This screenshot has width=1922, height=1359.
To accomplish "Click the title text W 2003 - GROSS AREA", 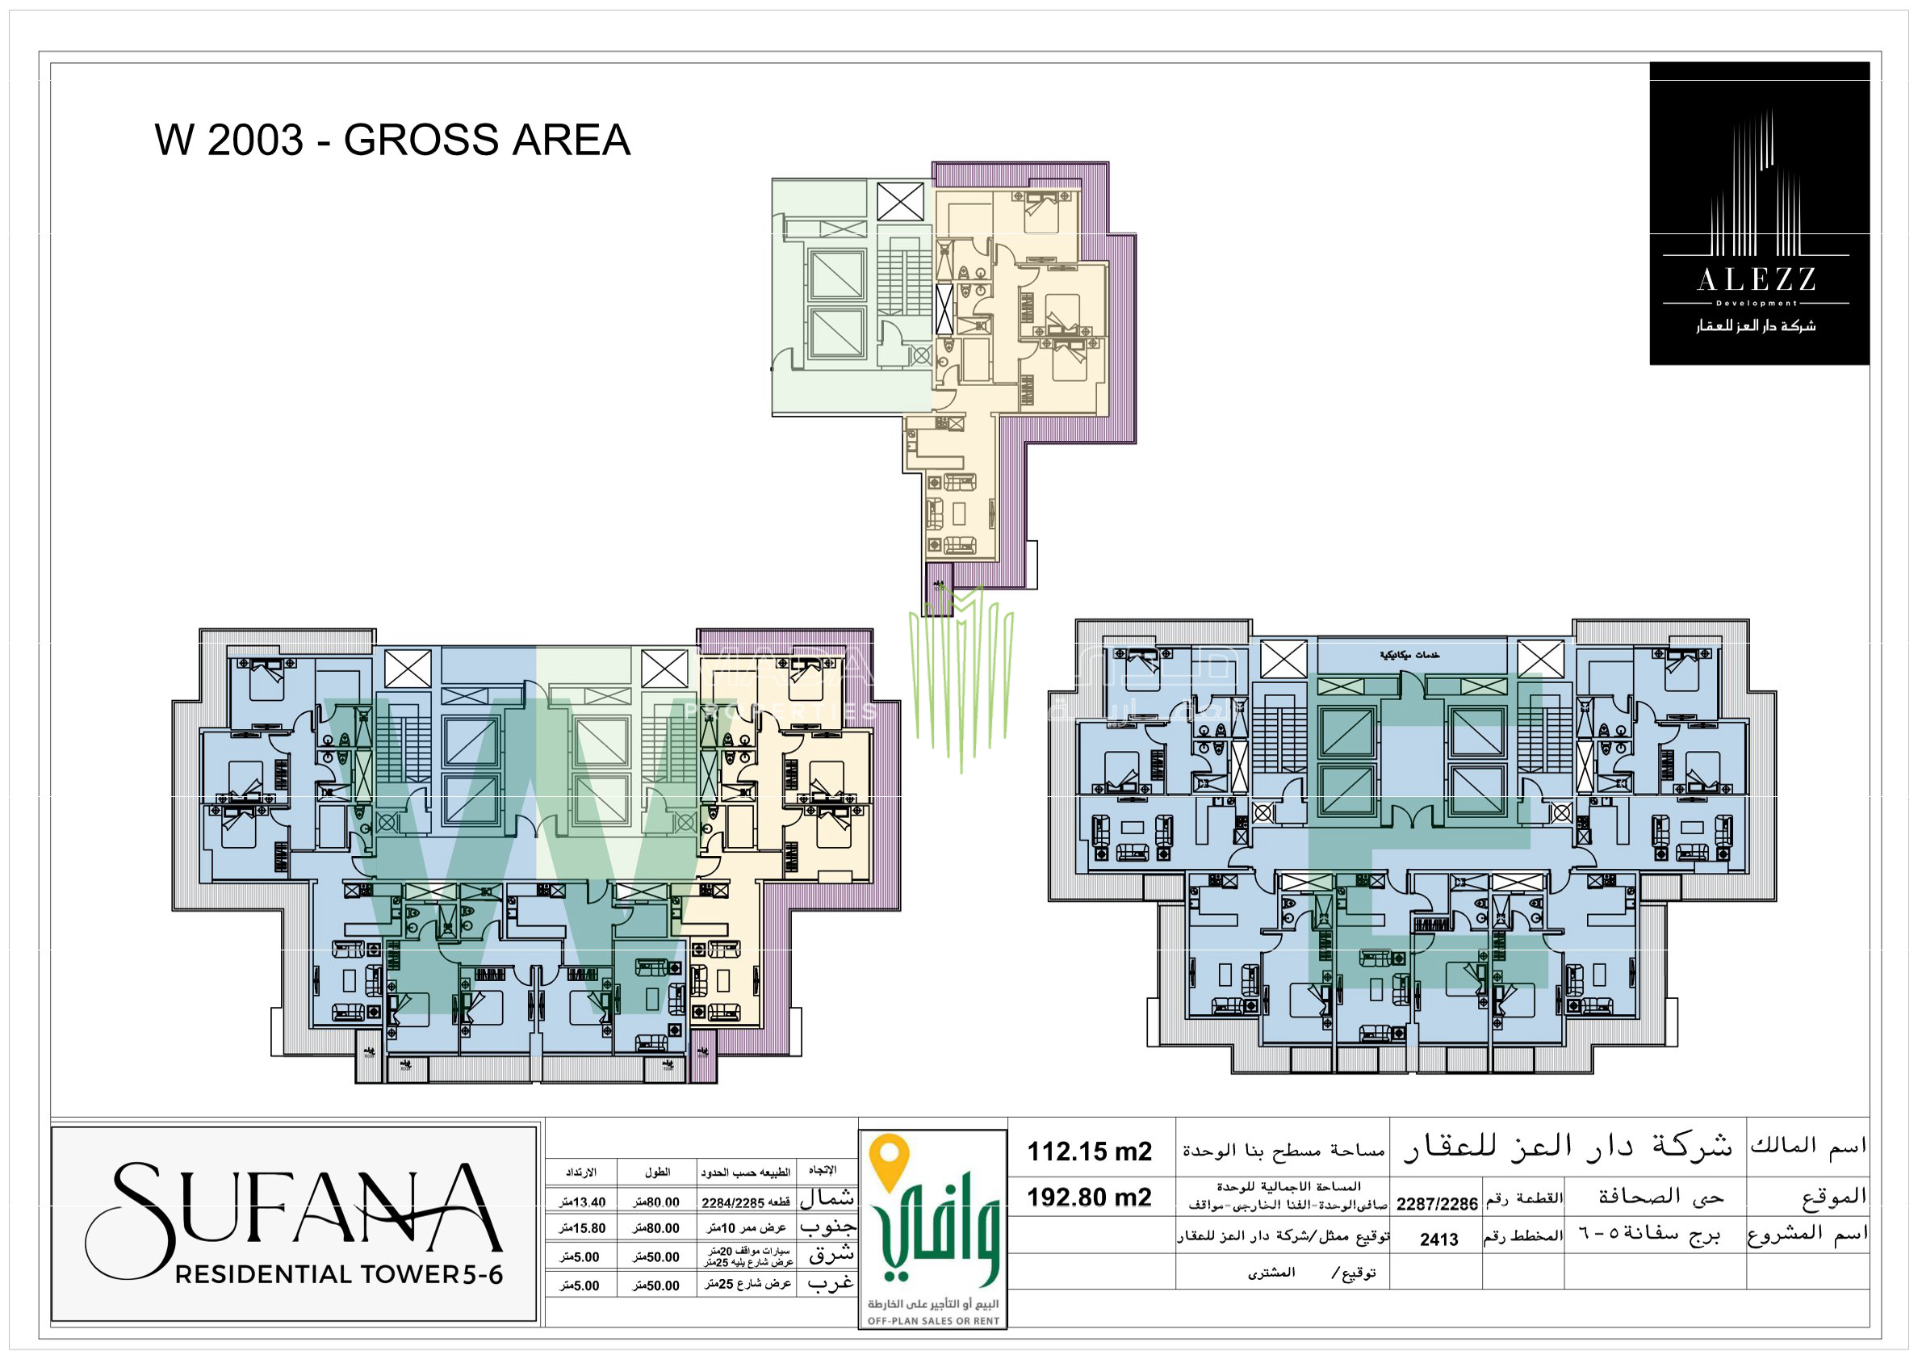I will pos(392,140).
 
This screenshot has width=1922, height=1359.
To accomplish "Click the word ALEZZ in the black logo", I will pos(1756,279).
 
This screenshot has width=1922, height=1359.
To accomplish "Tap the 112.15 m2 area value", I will pos(1089,1151).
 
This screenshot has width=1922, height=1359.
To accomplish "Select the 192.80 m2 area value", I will pos(1089,1197).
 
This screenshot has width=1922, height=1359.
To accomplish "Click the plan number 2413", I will pos(1438,1239).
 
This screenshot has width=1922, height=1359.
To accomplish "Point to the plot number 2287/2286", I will pos(1437,1204).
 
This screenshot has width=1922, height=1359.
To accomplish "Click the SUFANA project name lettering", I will pos(293,1208).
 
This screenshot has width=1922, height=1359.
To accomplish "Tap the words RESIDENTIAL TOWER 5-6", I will pos(339,1274).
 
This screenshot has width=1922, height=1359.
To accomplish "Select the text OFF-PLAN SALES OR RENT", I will pos(932,1321).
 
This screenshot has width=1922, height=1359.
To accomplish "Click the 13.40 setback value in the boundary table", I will pos(583,1202).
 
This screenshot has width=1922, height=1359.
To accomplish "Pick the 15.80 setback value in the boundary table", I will pos(583,1228).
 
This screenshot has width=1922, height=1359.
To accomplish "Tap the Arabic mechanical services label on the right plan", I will pos(1409,655).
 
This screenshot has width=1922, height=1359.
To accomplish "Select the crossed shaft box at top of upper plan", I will pos(900,202).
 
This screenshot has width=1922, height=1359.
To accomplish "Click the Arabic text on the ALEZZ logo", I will pos(1756,325).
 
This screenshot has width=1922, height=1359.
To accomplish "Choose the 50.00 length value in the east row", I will pos(656,1256).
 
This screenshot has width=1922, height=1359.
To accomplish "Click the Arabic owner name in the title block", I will pos(1566,1147).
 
